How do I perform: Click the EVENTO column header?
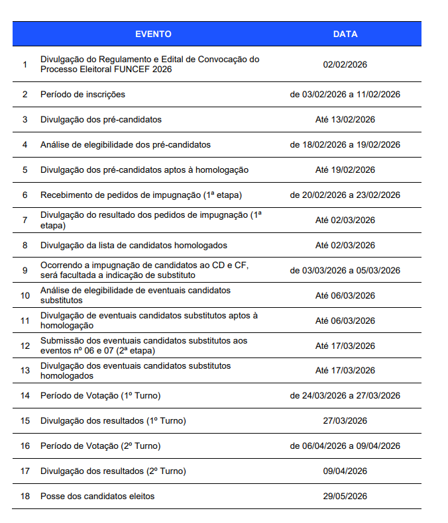[x=153, y=34]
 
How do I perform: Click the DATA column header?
[x=345, y=34]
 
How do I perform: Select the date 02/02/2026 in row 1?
[x=345, y=64]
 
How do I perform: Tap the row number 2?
[x=25, y=95]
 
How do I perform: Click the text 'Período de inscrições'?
[x=83, y=95]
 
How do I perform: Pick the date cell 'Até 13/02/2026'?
[x=345, y=120]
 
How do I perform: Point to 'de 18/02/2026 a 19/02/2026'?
[x=345, y=145]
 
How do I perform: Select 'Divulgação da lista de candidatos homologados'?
[x=133, y=246]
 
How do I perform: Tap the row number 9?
[x=25, y=271]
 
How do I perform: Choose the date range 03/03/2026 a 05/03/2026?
[x=345, y=271]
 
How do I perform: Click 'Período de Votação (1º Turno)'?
[x=100, y=397]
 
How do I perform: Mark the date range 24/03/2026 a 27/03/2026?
[x=345, y=397]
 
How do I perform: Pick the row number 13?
[x=25, y=371]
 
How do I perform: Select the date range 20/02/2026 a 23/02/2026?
[x=345, y=195]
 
